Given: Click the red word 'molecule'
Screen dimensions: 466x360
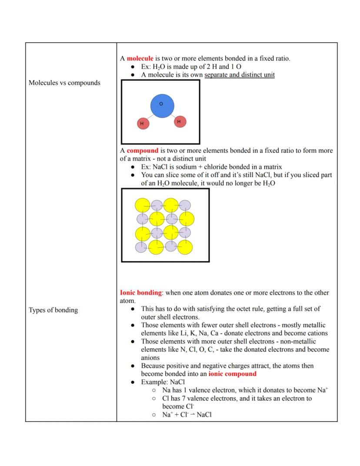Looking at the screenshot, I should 140,58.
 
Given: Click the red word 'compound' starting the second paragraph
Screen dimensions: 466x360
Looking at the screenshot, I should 142,151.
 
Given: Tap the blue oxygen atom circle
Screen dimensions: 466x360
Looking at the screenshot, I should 162,105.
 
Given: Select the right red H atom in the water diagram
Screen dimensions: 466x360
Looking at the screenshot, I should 180,122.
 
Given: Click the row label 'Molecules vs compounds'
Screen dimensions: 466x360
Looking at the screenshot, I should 64,83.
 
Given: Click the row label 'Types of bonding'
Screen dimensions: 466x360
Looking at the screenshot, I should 53,310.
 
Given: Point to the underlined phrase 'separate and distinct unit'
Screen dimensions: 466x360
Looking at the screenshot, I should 239,75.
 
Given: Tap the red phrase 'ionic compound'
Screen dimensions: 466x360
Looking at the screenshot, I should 232,374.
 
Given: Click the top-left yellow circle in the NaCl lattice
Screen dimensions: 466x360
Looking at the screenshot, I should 142,205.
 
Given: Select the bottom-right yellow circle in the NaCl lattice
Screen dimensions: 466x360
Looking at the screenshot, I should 185,247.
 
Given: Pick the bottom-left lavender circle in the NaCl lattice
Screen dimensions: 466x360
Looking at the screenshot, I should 141,247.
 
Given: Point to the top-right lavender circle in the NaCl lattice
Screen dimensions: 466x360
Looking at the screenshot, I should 185,205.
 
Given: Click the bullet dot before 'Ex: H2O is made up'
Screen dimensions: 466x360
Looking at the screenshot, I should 133,67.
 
